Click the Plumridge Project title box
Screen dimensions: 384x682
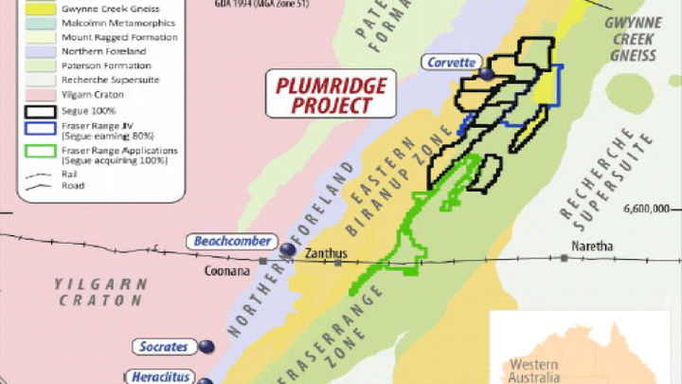pyautogui.click(x=318, y=95)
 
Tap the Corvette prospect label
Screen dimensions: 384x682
pyautogui.click(x=451, y=63)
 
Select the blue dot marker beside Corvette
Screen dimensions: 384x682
pyautogui.click(x=487, y=72)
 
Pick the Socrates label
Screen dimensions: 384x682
pyautogui.click(x=161, y=346)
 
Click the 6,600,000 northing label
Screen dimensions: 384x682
pyautogui.click(x=647, y=209)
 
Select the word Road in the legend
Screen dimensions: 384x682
pyautogui.click(x=73, y=186)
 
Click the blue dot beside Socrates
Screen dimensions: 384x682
pyautogui.click(x=207, y=347)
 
